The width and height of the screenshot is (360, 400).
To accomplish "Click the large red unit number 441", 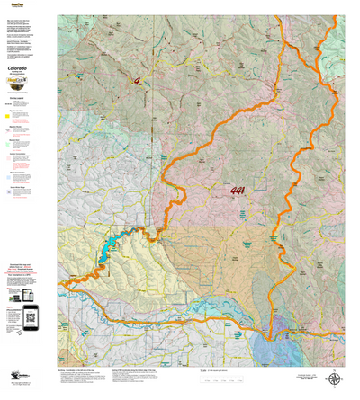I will click(238, 191).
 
